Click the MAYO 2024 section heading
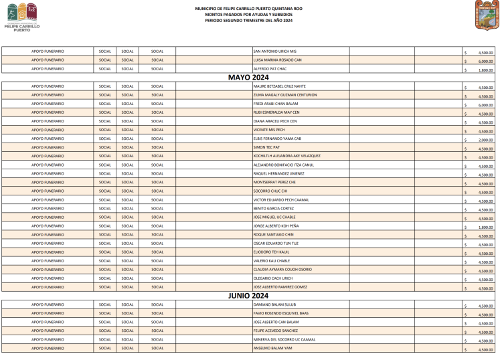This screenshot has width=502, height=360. pyautogui.click(x=248, y=78)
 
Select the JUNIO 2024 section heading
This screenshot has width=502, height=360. pyautogui.click(x=248, y=295)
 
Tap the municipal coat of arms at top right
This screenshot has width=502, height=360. pyautogui.click(x=487, y=15)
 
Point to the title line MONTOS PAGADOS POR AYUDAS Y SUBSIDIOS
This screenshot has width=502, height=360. pyautogui.click(x=249, y=15)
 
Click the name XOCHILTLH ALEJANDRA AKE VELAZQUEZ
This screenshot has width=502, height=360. pyautogui.click(x=286, y=156)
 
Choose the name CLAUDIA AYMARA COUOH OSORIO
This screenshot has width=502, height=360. pyautogui.click(x=282, y=269)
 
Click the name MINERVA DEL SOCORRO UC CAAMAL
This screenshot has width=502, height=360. pyautogui.click(x=284, y=339)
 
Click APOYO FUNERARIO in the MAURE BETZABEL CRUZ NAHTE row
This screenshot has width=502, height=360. pyautogui.click(x=48, y=86)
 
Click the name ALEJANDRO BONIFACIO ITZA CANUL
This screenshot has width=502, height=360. pyautogui.click(x=283, y=165)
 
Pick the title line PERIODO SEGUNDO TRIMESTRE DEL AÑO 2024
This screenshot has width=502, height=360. pyautogui.click(x=249, y=21)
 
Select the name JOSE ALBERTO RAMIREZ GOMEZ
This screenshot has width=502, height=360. pyautogui.click(x=280, y=286)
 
